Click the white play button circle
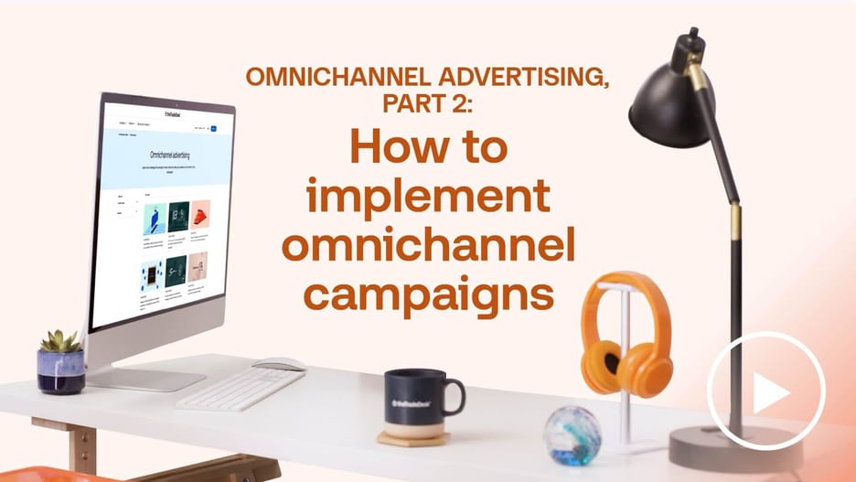pyautogui.click(x=766, y=391)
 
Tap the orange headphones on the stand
pyautogui.click(x=626, y=337)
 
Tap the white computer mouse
pyautogui.click(x=278, y=363)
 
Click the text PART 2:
pyautogui.click(x=427, y=104)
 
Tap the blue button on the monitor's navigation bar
pyautogui.click(x=214, y=130)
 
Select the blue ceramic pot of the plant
pyautogui.click(x=60, y=370)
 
